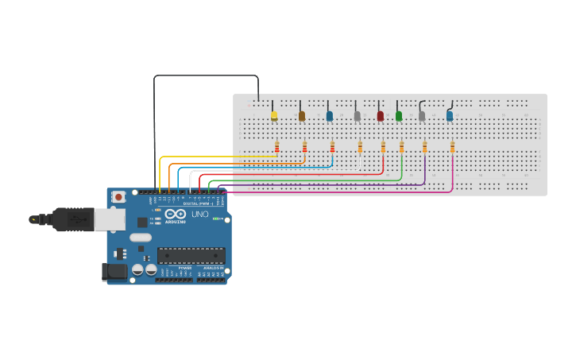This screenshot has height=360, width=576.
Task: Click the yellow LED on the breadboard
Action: coord(274,116)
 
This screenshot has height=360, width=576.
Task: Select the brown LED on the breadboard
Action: coord(302,116)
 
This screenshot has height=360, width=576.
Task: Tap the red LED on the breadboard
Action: coord(380,116)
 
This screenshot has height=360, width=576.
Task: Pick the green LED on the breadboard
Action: coord(399,116)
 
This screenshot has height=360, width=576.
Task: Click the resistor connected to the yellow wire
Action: coord(276,146)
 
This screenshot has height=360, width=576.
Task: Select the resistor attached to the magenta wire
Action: coord(452,146)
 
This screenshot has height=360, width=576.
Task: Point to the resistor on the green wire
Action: coord(402,146)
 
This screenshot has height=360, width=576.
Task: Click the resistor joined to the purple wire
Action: coord(424,146)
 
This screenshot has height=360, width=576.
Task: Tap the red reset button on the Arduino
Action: coord(118,196)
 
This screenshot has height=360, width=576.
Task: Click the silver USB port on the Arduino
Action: coord(109,219)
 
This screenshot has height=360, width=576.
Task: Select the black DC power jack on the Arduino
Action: coord(114,272)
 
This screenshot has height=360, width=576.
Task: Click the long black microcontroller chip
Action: coord(191,255)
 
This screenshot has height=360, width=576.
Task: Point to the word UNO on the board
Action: coord(199,215)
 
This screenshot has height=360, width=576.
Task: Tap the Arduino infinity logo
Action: coord(176,214)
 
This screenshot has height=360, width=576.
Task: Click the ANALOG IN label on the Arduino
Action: coord(212,269)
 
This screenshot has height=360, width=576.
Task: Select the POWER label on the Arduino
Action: coord(184,269)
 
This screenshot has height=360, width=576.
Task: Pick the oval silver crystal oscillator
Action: coord(141,237)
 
